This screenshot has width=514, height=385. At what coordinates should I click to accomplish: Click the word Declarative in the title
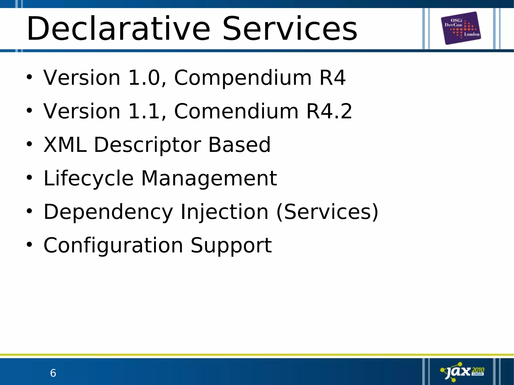click(x=118, y=29)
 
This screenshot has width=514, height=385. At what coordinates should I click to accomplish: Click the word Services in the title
click(x=290, y=29)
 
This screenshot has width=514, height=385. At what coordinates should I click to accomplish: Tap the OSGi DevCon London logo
click(x=461, y=28)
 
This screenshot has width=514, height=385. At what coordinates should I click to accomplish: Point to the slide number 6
click(x=53, y=373)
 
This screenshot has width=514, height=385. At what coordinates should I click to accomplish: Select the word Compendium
click(x=243, y=78)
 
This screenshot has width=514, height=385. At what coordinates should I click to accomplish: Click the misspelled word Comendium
click(x=236, y=111)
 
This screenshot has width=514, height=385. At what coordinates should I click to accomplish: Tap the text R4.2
click(x=329, y=111)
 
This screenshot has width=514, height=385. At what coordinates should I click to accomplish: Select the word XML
click(x=65, y=145)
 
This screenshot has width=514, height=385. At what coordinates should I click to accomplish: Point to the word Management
click(x=209, y=179)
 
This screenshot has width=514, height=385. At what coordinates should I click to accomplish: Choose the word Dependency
click(x=108, y=212)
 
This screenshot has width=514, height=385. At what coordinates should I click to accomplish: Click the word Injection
click(x=224, y=212)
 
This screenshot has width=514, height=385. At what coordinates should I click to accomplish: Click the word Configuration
click(x=113, y=246)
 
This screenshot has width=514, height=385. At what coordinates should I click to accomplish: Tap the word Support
click(x=231, y=246)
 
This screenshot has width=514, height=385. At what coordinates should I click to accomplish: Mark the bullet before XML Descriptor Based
click(x=29, y=144)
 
